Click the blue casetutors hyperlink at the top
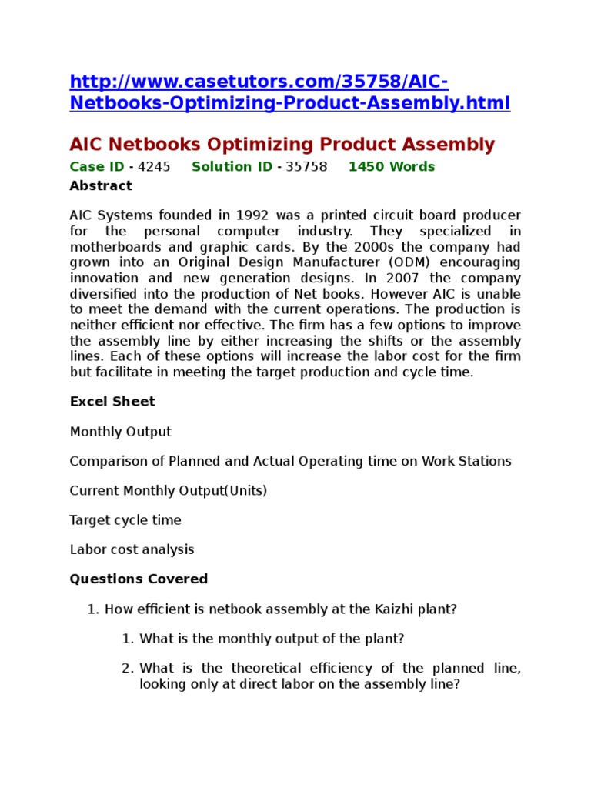click(x=289, y=93)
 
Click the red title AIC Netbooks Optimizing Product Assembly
click(x=282, y=144)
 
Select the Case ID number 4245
click(x=154, y=167)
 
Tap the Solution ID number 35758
click(x=306, y=167)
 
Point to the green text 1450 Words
click(x=392, y=167)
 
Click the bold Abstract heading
click(x=101, y=186)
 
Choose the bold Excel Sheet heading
click(x=112, y=402)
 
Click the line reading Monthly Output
click(x=121, y=432)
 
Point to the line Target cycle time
click(x=125, y=520)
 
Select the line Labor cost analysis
click(x=132, y=549)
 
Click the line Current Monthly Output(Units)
click(x=169, y=491)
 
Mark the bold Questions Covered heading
click(x=139, y=579)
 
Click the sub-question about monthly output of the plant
click(x=272, y=639)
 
